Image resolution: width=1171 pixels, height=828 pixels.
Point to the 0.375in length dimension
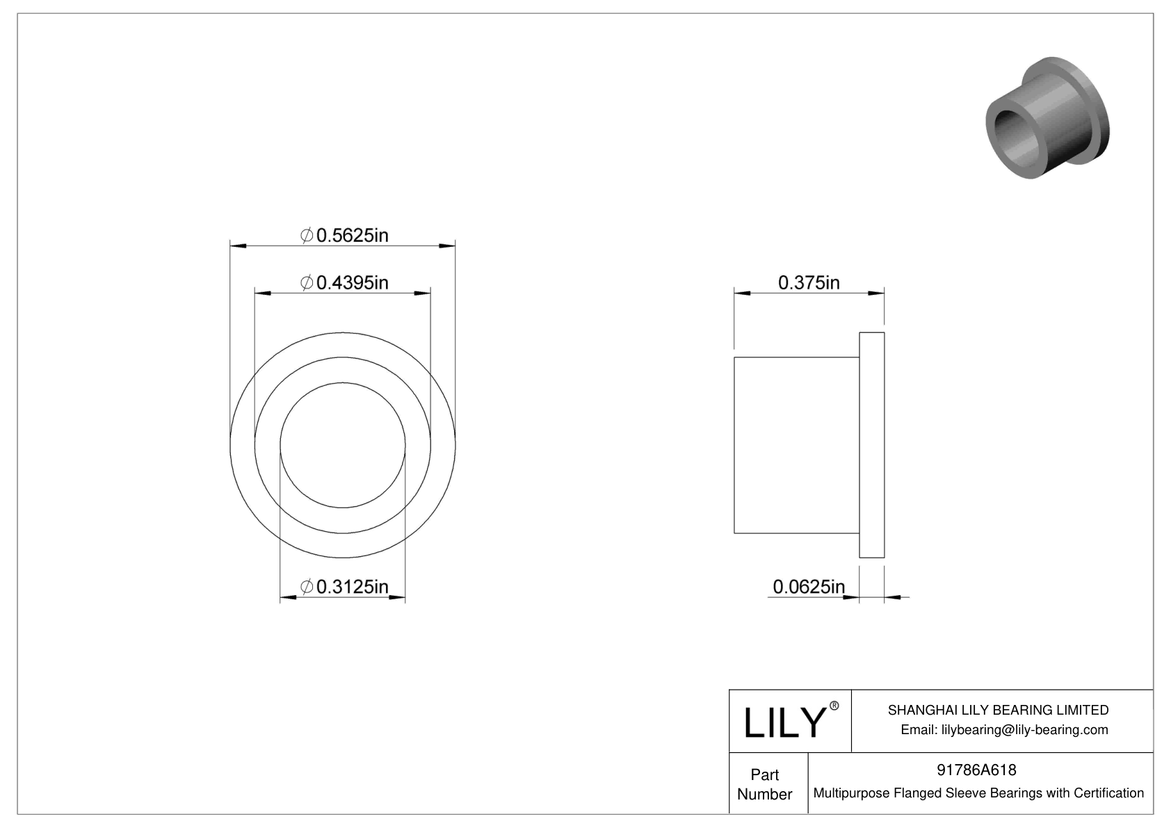[809, 283]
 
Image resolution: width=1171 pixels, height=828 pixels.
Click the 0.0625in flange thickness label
[809, 587]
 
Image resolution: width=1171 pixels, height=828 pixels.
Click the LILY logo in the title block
[784, 722]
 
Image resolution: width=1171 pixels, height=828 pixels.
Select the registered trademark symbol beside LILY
[834, 706]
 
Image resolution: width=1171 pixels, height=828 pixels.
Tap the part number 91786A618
[976, 770]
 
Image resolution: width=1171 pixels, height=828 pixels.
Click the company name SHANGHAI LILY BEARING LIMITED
[998, 710]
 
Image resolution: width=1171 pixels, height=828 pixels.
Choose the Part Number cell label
[765, 784]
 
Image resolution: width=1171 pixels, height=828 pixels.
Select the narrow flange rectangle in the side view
[872, 445]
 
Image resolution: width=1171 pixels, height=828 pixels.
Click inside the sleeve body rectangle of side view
[796, 445]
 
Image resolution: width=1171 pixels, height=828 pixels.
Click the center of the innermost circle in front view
[343, 445]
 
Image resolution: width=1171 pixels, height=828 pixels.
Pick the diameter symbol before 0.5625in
[306, 236]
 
